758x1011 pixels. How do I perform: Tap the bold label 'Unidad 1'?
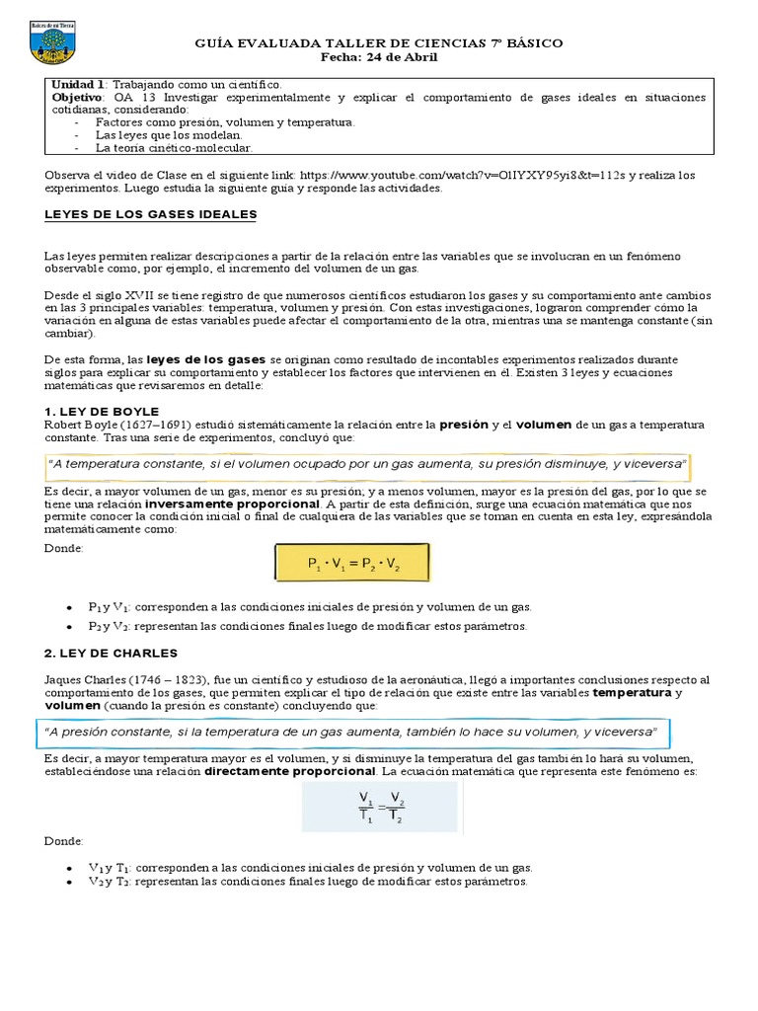pos(77,85)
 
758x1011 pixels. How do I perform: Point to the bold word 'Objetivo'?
pos(76,98)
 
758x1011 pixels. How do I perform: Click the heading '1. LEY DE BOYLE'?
pos(102,411)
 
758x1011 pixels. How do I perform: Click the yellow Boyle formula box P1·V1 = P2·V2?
pos(353,565)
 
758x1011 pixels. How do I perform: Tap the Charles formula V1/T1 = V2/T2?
pos(380,807)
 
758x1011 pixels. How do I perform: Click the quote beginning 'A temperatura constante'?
pos(366,464)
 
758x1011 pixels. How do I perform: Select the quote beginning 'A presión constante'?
pos(352,734)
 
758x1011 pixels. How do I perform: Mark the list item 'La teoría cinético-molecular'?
pos(174,148)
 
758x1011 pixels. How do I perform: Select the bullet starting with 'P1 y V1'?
pos(309,607)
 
